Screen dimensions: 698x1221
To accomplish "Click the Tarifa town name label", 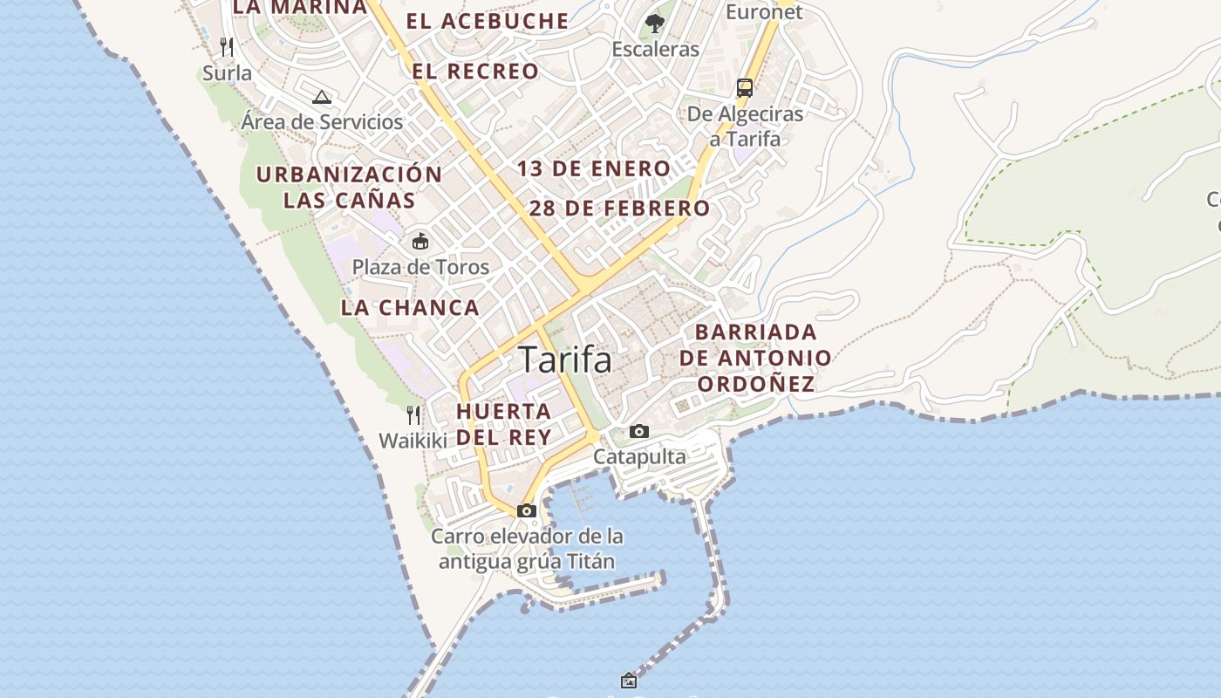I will click(x=565, y=359).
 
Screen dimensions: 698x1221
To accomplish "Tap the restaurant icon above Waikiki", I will click(x=413, y=414).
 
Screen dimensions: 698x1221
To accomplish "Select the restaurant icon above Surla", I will click(x=227, y=46).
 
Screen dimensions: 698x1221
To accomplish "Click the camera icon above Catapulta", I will click(x=639, y=431).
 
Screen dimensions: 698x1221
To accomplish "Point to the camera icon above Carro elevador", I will click(x=526, y=510).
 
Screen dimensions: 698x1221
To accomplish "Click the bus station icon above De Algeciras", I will click(x=745, y=87).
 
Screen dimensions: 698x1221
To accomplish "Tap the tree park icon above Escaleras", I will click(x=655, y=23).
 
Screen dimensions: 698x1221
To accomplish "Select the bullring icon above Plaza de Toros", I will click(x=420, y=241).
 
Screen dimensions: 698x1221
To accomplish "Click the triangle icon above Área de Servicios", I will click(x=322, y=97).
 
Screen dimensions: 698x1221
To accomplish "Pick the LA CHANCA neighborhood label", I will click(x=410, y=307).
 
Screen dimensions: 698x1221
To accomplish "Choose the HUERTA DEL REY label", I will click(x=504, y=424).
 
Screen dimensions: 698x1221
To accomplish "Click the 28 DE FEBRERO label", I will click(x=619, y=209).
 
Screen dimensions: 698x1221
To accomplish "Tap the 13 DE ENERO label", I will click(x=594, y=168).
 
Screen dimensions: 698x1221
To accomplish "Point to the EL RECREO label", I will click(x=475, y=72).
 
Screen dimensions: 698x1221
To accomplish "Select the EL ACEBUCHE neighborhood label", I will click(x=488, y=21).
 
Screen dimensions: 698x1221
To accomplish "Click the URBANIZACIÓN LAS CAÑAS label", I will click(x=349, y=187).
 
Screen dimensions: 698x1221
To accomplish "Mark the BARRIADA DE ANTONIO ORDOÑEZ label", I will click(x=755, y=358).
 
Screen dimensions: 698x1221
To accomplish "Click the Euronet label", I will click(x=764, y=11).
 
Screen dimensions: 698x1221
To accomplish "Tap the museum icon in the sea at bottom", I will click(x=629, y=680).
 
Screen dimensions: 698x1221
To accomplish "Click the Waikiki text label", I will click(x=413, y=441).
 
